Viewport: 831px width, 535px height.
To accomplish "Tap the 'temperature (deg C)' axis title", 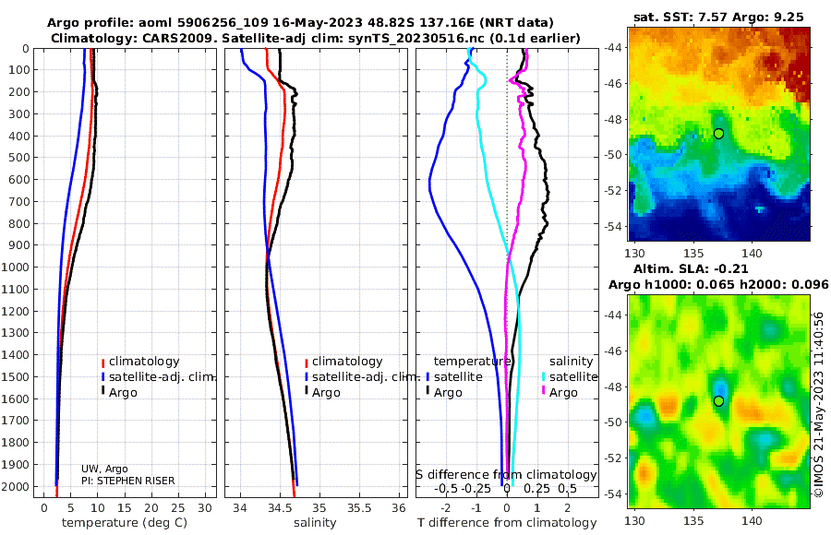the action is point(125,523).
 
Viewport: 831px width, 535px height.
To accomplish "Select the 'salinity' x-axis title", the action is point(315,523).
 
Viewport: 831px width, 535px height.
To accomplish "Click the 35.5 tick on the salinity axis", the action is point(359,507).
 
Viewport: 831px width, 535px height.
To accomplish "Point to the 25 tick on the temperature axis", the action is point(178,507).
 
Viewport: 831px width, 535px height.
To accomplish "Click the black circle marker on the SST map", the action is point(718,134).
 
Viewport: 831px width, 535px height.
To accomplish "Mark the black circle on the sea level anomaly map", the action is point(718,401).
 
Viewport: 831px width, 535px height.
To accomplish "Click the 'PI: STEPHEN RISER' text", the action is point(127,481).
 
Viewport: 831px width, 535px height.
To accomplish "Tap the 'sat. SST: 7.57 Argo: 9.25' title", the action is point(718,17).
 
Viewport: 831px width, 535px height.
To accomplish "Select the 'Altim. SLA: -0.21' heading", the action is point(690,268).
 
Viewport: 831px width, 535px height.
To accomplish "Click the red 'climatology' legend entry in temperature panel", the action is point(140,362).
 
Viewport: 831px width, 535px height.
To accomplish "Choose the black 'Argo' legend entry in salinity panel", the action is point(321,393).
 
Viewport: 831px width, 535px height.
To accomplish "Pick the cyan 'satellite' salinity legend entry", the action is point(570,377).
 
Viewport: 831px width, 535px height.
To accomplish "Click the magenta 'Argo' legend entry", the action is point(560,393).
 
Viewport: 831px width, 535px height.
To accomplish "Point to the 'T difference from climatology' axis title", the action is point(507,523).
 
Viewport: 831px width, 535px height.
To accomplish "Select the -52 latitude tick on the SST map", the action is point(615,190).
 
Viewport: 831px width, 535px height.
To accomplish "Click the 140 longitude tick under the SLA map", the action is point(752,520).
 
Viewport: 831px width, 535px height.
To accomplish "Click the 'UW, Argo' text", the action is point(104,469).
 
